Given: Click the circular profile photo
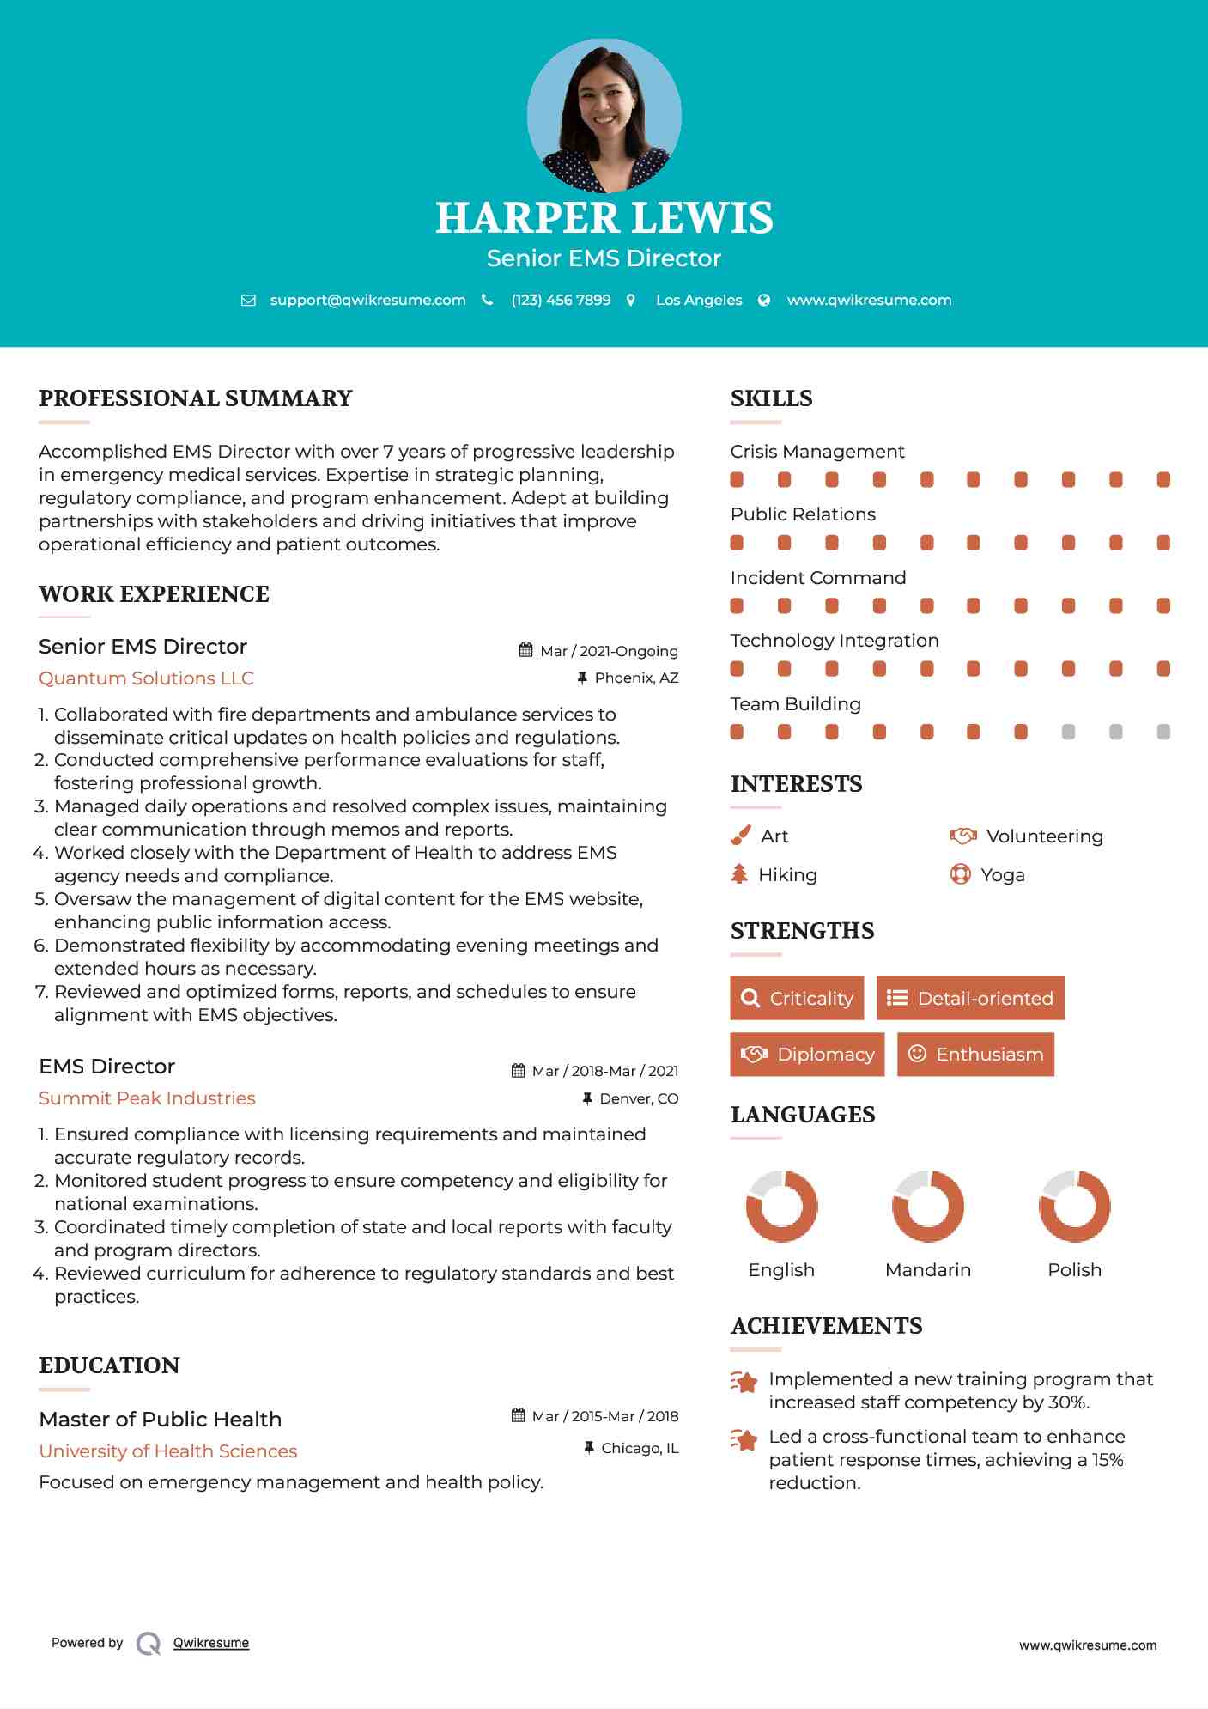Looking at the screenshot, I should (x=604, y=115).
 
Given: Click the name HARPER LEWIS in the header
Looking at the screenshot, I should (x=604, y=218).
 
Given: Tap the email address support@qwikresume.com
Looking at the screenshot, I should (x=367, y=300).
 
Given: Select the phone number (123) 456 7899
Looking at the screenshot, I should (x=561, y=300).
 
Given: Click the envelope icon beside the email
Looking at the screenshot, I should (x=248, y=300).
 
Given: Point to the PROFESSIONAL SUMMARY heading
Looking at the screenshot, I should (x=196, y=398).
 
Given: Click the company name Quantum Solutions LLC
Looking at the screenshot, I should (x=146, y=678).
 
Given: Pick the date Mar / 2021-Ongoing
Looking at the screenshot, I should (x=609, y=651).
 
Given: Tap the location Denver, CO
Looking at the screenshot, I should (x=639, y=1098).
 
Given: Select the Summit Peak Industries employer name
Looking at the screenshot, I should (x=147, y=1098).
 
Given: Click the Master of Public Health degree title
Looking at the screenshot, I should (x=161, y=1419).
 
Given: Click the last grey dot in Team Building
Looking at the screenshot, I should (x=1163, y=732).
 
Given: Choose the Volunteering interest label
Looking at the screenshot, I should (x=1044, y=836).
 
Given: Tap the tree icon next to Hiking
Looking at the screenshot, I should (x=739, y=874).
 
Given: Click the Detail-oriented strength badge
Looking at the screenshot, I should (x=970, y=998).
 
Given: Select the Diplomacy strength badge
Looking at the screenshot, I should (x=807, y=1054).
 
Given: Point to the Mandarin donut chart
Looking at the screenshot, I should (x=928, y=1206).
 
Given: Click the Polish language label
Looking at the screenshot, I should (x=1074, y=1269).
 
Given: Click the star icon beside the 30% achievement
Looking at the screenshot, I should (x=744, y=1382).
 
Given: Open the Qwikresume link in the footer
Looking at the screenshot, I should (x=211, y=1642).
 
